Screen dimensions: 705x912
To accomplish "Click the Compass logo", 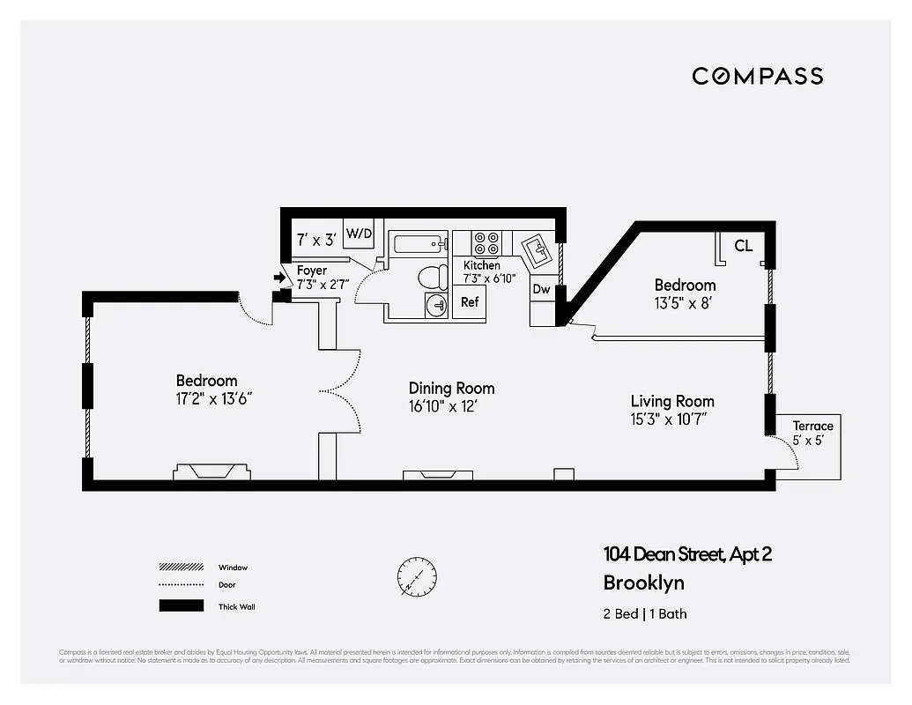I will pos(757,76).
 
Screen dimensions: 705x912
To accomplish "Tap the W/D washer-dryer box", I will pos(359,234).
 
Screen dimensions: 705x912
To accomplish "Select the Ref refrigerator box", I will pos(470,302).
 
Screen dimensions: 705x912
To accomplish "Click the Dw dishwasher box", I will pos(541,289).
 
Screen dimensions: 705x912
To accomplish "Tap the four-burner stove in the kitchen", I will pos(486,243).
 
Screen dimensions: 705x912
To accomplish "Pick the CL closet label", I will pos(743,246).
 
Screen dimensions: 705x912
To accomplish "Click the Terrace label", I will pos(812,426).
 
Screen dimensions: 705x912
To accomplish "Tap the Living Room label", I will pos(671,401).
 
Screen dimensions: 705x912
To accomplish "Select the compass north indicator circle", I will pos(416,577).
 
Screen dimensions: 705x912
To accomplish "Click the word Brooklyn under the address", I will pos(643,583).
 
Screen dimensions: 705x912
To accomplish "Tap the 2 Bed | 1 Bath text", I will pos(644,614).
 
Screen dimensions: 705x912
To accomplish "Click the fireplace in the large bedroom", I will pos(211,471).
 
